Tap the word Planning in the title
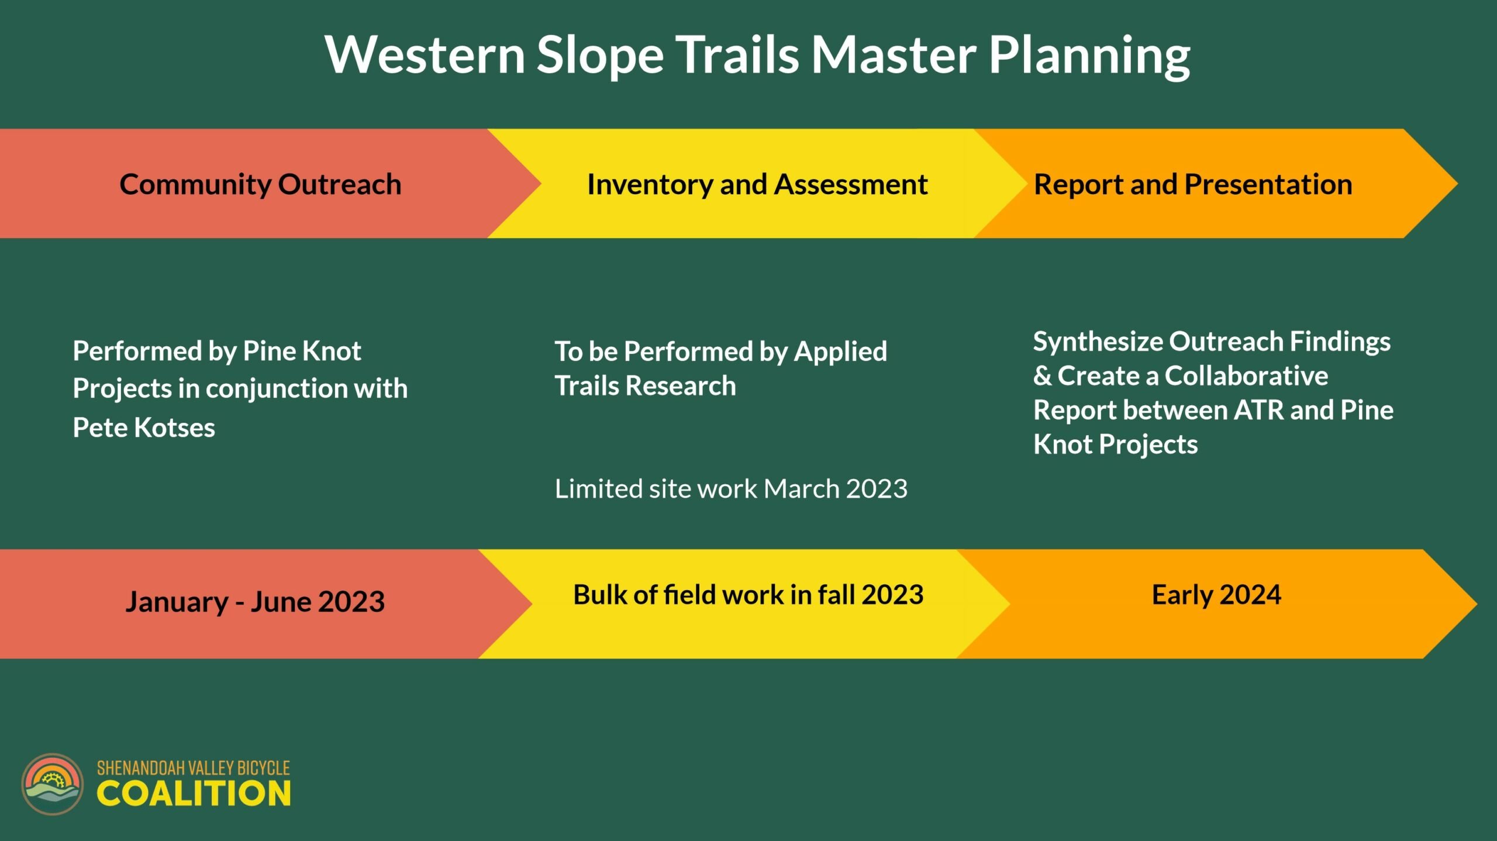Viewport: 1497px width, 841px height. pyautogui.click(x=1089, y=56)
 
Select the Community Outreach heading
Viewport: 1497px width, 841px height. pyautogui.click(x=260, y=184)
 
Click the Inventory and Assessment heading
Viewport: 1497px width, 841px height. pyautogui.click(x=757, y=185)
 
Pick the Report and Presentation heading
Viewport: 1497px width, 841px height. pyautogui.click(x=1193, y=184)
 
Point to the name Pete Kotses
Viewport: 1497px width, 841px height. pyautogui.click(x=144, y=428)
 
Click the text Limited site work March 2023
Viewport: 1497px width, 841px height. pyautogui.click(x=731, y=488)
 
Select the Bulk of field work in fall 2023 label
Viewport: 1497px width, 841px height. pyautogui.click(x=748, y=595)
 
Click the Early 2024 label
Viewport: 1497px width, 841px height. pyautogui.click(x=1216, y=595)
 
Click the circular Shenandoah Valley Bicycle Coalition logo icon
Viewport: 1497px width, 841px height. pyautogui.click(x=53, y=784)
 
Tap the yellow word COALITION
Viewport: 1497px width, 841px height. pyautogui.click(x=194, y=794)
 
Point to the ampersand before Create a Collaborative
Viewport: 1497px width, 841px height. pyautogui.click(x=1043, y=375)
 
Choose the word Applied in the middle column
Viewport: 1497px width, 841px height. pyautogui.click(x=840, y=352)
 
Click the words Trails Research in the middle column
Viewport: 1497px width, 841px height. pyautogui.click(x=645, y=386)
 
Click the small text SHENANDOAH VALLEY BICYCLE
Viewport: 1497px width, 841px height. pyautogui.click(x=193, y=768)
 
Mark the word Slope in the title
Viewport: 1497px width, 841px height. pyautogui.click(x=600, y=56)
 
